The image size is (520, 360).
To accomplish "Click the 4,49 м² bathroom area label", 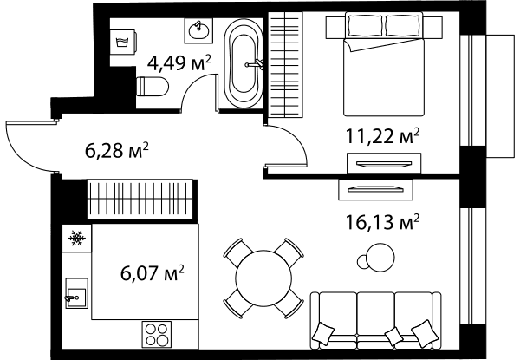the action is (179, 63).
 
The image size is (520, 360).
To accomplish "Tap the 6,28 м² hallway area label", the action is (117, 151).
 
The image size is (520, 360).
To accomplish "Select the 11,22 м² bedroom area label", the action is (383, 136).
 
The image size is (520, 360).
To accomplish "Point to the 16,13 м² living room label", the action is (383, 222).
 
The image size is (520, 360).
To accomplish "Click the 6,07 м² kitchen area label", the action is (153, 273).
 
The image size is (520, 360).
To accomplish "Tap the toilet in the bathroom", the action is (153, 87).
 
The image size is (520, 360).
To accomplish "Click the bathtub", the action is (244, 63).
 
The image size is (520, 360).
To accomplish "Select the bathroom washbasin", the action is (198, 31).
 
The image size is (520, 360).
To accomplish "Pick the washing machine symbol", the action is (123, 43).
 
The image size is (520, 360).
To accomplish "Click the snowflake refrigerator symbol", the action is (77, 238).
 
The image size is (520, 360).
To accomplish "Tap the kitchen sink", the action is (77, 293).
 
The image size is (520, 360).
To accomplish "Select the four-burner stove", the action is (157, 335).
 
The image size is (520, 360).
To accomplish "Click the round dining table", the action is (263, 278).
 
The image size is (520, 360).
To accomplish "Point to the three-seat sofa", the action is (376, 320).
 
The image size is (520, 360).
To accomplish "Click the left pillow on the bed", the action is (365, 25).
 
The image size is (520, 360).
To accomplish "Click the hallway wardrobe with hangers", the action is (140, 199).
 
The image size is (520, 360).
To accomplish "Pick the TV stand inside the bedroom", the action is (384, 163).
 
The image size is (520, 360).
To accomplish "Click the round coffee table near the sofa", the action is (380, 258).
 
